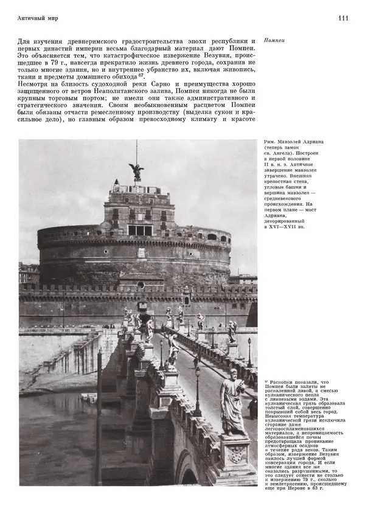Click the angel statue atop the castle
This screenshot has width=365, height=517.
(137, 171)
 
